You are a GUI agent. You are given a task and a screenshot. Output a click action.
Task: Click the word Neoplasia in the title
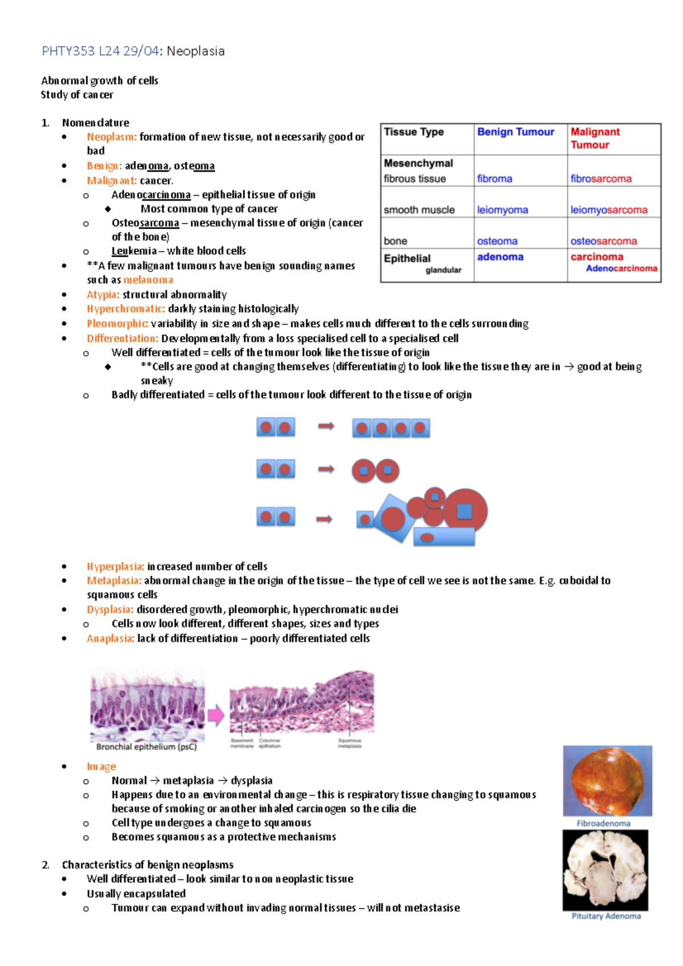click(195, 51)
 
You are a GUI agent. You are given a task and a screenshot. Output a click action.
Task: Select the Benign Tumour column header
click(515, 132)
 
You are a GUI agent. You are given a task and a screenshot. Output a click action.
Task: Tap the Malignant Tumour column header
click(595, 138)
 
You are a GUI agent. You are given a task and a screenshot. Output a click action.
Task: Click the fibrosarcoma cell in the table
click(600, 179)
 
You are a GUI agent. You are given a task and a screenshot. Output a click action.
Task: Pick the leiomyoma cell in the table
click(502, 210)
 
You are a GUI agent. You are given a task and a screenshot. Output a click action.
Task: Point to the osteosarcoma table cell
click(603, 241)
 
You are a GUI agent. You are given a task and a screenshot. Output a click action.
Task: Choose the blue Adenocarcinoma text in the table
click(622, 269)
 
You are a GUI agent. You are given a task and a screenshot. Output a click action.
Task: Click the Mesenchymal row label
click(418, 163)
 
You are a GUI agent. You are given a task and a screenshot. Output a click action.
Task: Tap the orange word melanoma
click(148, 280)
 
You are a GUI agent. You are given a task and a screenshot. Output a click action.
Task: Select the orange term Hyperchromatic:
click(126, 309)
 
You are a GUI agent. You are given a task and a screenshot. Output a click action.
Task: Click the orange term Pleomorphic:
click(117, 324)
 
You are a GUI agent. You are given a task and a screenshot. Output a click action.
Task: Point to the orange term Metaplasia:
click(114, 581)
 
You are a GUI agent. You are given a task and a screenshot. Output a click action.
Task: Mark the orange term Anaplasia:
click(110, 638)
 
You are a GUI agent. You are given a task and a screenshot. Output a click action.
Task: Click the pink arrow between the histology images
click(216, 715)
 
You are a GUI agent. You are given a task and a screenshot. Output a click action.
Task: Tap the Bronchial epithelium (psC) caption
click(146, 747)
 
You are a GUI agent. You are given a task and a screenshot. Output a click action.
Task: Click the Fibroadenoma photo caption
click(603, 823)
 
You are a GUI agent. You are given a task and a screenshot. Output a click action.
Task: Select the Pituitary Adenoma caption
click(606, 916)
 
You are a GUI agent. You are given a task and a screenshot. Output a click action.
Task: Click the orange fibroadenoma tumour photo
click(607, 781)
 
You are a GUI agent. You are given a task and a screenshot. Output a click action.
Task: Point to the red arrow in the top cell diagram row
click(326, 426)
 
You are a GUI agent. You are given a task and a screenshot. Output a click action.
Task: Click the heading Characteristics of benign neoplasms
click(147, 865)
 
